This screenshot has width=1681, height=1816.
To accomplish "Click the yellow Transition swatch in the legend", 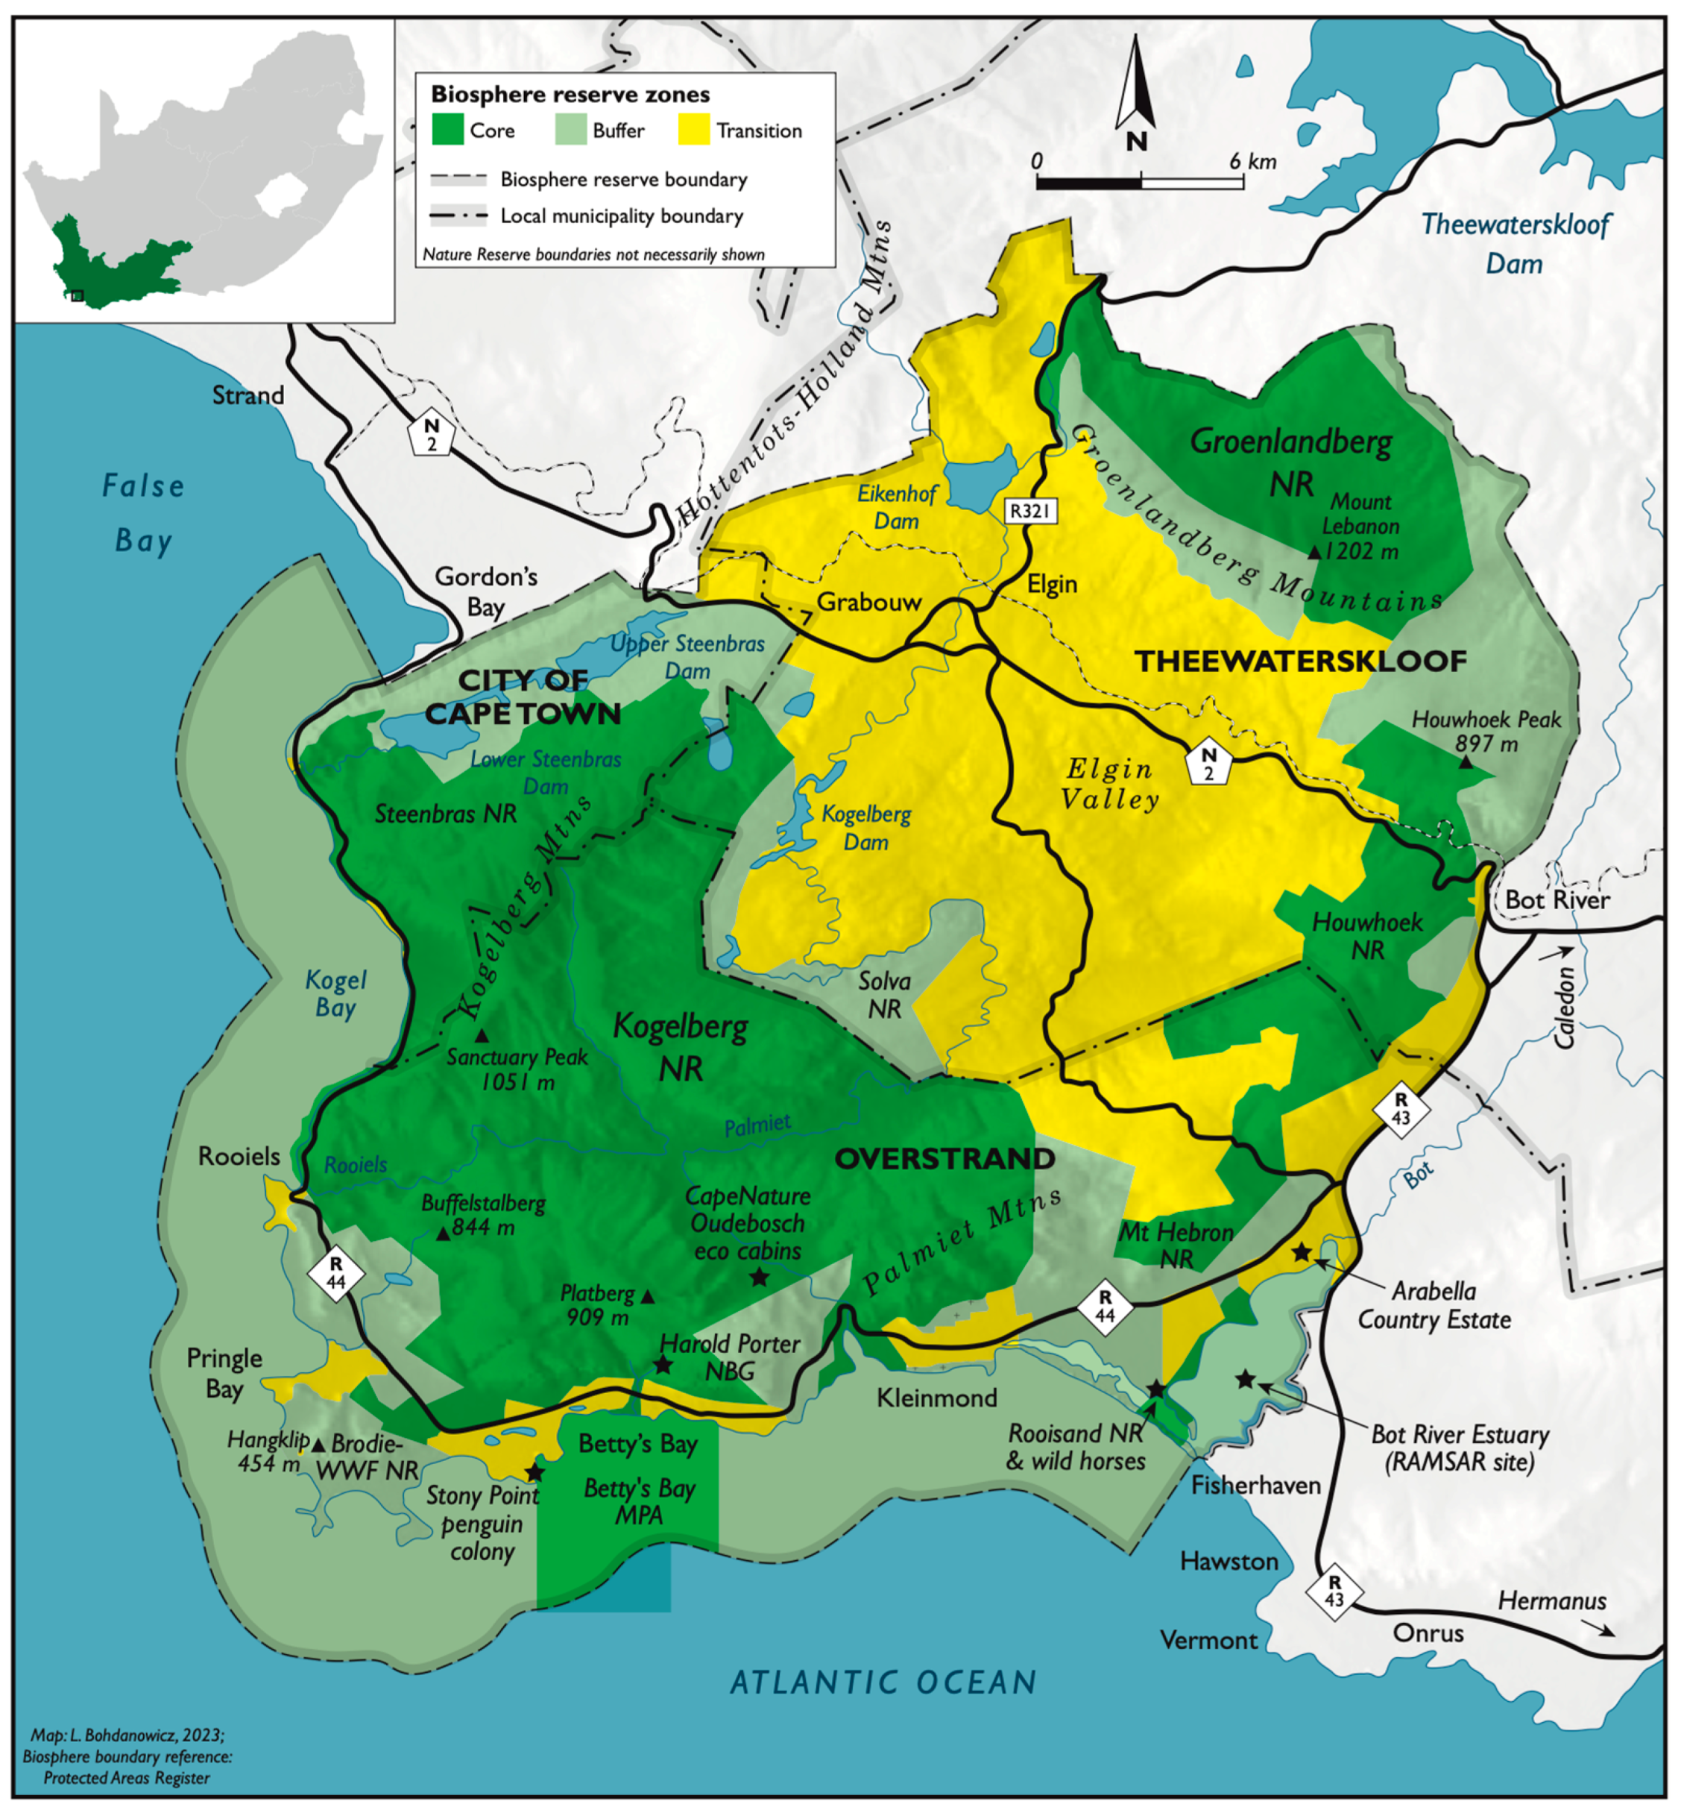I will pyautogui.click(x=694, y=130).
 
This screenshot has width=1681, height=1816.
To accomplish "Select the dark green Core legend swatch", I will pyautogui.click(x=447, y=130).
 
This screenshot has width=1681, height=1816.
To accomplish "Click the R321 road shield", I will pyautogui.click(x=1031, y=512).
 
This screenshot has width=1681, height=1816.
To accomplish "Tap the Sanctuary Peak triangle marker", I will pyautogui.click(x=482, y=1035).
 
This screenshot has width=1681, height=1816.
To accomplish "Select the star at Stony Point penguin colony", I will pyautogui.click(x=535, y=1472).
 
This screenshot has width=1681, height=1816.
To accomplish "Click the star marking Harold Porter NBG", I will pyautogui.click(x=663, y=1365).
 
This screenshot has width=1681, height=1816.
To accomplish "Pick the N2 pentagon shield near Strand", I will pyautogui.click(x=431, y=434).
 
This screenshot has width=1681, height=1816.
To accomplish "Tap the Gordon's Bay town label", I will pyautogui.click(x=486, y=591).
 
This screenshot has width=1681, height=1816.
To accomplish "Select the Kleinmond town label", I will pyautogui.click(x=937, y=1398).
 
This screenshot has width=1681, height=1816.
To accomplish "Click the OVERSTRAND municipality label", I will pyautogui.click(x=945, y=1158).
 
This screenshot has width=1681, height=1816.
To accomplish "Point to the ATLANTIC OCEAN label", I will pyautogui.click(x=883, y=1683).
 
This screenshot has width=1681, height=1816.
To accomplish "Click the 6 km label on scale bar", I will pyautogui.click(x=1252, y=162).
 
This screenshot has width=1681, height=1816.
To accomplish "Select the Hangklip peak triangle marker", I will pyautogui.click(x=318, y=1445).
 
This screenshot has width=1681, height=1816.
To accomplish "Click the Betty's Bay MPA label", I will pyautogui.click(x=640, y=1501).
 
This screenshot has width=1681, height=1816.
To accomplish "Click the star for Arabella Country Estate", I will pyautogui.click(x=1302, y=1253).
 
